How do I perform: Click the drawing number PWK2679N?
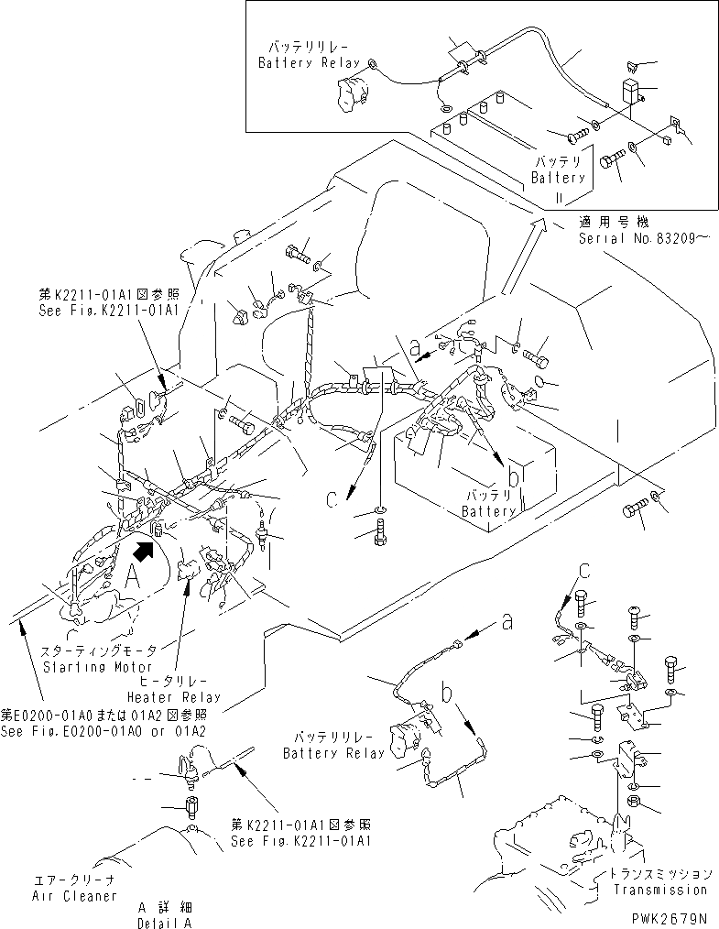tap(669, 917)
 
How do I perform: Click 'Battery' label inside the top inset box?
tap(558, 177)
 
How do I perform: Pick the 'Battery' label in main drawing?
tap(489, 511)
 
